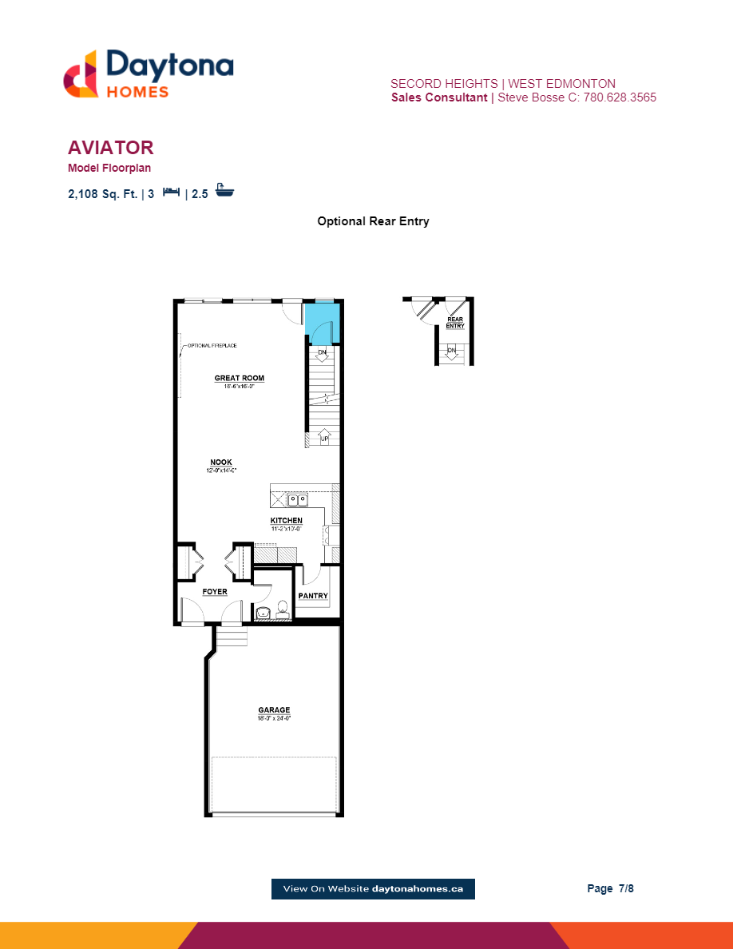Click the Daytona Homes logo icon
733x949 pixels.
click(81, 74)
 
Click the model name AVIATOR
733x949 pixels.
click(111, 148)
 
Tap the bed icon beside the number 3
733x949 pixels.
click(171, 193)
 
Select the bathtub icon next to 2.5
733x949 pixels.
click(225, 192)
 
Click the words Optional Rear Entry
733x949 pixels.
click(373, 221)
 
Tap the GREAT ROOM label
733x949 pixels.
click(239, 379)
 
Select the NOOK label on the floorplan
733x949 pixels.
click(221, 463)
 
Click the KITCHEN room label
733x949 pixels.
click(286, 521)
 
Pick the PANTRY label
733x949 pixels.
click(312, 596)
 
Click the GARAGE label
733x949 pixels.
click(274, 710)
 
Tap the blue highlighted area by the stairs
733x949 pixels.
click(323, 321)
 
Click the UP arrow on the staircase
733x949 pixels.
click(324, 439)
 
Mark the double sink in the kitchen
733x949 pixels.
click(299, 500)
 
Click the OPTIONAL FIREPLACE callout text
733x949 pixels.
click(212, 346)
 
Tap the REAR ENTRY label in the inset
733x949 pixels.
click(455, 323)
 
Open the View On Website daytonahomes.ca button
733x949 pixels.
click(373, 888)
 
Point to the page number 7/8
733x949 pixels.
click(611, 888)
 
